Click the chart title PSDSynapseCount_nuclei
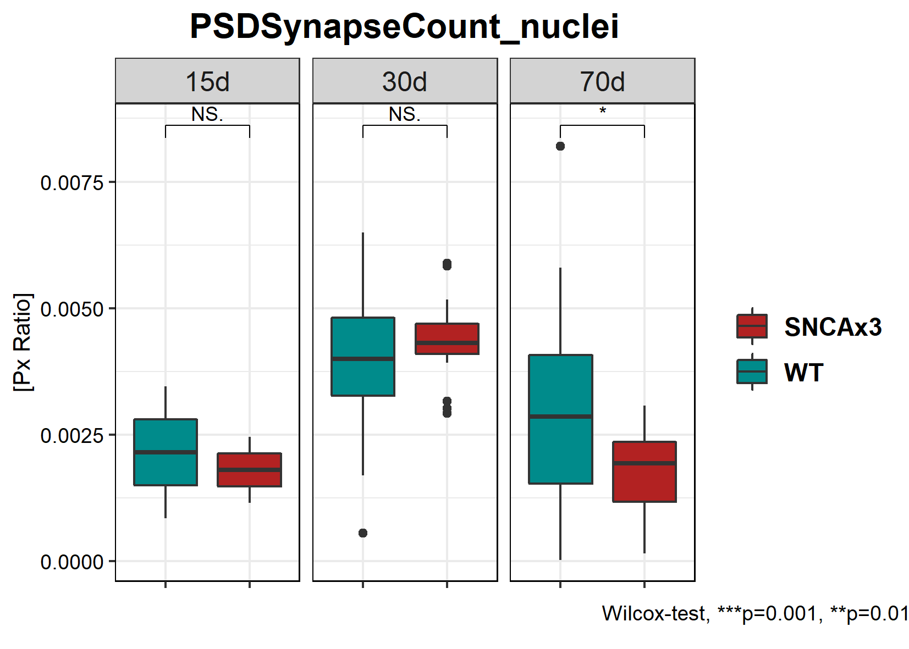pyautogui.click(x=404, y=26)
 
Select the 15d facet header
pyautogui.click(x=207, y=81)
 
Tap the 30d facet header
pyautogui.click(x=405, y=81)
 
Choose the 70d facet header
pyautogui.click(x=602, y=81)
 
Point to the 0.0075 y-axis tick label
pyautogui.click(x=72, y=182)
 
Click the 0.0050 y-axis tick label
pyautogui.click(x=72, y=309)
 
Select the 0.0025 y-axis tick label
pyautogui.click(x=72, y=435)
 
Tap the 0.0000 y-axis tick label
pyautogui.click(x=72, y=562)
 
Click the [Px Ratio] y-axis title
pyautogui.click(x=23, y=342)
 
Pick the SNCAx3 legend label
pyautogui.click(x=833, y=327)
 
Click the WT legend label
pyautogui.click(x=803, y=373)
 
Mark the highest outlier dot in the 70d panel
pyautogui.click(x=560, y=146)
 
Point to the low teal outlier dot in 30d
pyautogui.click(x=363, y=533)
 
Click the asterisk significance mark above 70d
pyautogui.click(x=603, y=112)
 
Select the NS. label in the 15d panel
pyautogui.click(x=207, y=114)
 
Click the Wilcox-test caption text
pyautogui.click(x=755, y=613)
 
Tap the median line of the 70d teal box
pyautogui.click(x=560, y=417)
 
